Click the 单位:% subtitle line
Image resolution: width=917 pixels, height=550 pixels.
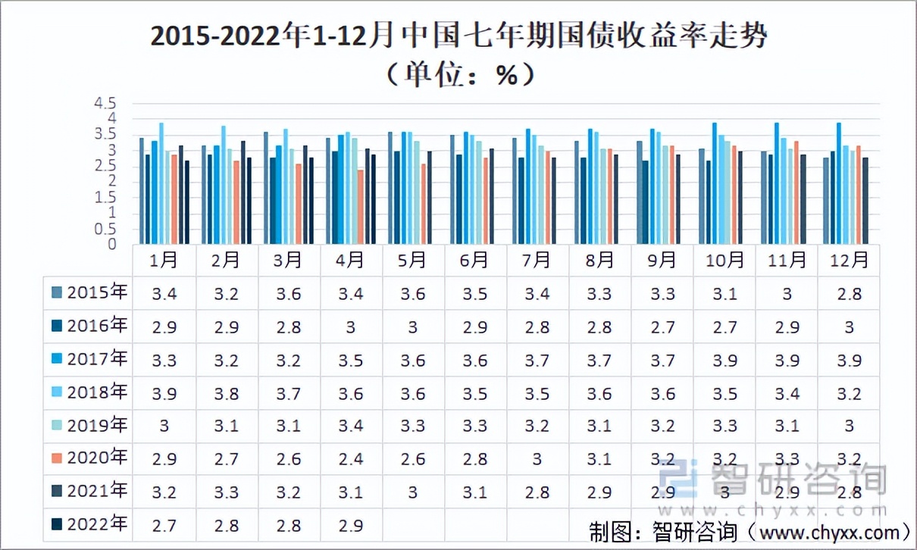coord(458,73)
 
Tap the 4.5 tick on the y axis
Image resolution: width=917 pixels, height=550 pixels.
coord(105,103)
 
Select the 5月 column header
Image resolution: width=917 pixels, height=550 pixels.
coord(412,261)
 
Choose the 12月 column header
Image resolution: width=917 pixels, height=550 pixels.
coord(849,261)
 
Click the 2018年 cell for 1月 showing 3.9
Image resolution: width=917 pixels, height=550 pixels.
coord(164,393)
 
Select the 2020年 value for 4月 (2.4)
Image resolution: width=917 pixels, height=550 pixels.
coord(351,460)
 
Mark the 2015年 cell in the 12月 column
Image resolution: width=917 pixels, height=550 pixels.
coord(849,294)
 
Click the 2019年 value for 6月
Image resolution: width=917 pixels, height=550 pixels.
coord(474,427)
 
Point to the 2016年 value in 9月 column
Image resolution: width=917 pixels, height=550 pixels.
coord(662,327)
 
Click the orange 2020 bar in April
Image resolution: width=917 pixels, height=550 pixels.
coord(361,206)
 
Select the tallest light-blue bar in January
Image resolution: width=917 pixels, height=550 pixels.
coord(161,183)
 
